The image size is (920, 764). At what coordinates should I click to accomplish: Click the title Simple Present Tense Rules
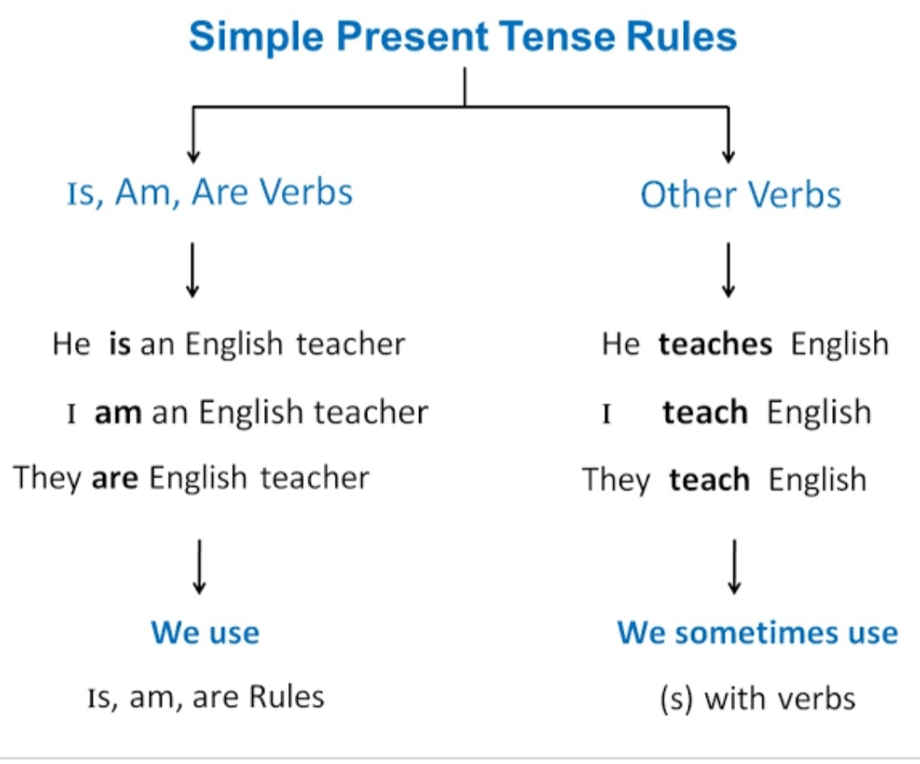463,37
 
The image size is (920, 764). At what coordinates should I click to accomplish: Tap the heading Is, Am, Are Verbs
210,192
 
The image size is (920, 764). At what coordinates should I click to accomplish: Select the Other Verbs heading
740,194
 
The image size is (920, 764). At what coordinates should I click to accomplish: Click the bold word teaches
716,344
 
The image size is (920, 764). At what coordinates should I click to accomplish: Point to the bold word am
118,412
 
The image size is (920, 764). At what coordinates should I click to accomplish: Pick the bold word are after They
115,478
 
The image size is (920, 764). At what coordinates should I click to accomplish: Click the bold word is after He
120,344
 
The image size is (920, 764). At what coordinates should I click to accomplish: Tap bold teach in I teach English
705,412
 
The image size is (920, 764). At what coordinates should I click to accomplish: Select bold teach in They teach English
710,480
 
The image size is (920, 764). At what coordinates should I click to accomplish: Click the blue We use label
205,633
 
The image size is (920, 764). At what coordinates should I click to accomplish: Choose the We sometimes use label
757,633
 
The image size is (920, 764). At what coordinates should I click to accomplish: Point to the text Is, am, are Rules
206,697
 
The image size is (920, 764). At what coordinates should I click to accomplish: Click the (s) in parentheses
676,699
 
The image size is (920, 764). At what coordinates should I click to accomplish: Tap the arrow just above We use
199,567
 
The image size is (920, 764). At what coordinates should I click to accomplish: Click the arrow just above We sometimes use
734,567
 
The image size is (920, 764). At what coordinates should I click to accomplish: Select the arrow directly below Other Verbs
728,270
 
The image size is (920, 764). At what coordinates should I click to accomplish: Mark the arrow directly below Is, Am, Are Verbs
193,270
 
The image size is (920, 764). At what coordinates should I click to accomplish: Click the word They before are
48,478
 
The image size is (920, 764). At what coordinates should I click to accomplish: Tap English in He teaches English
840,344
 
